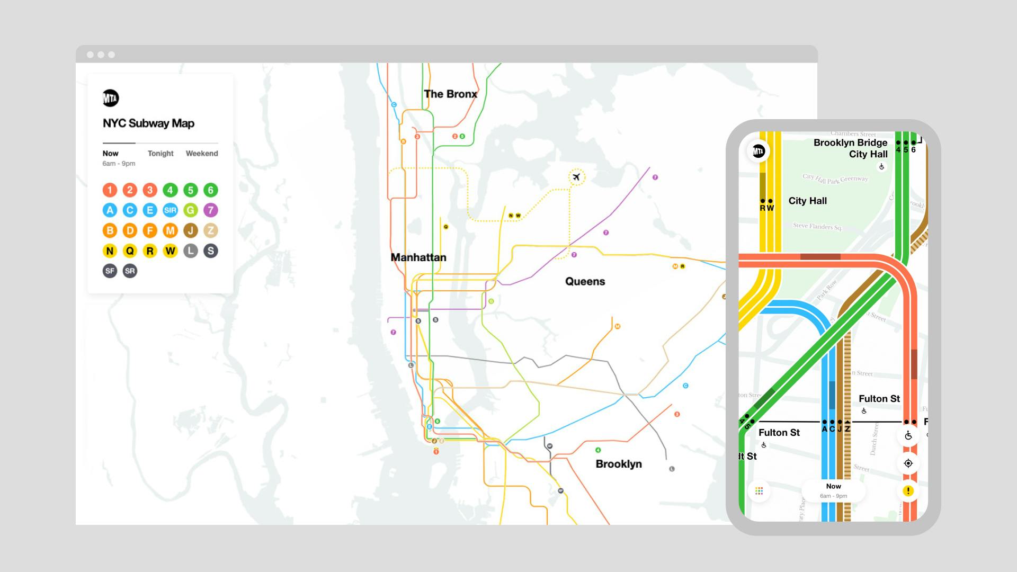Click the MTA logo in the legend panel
pyautogui.click(x=111, y=98)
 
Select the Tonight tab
pyautogui.click(x=160, y=154)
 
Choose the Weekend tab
pyautogui.click(x=202, y=154)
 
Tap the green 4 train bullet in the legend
pyautogui.click(x=170, y=190)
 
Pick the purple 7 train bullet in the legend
pyautogui.click(x=211, y=210)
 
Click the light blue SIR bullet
pyautogui.click(x=170, y=210)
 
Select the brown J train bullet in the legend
pyautogui.click(x=191, y=230)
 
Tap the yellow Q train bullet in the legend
pyautogui.click(x=130, y=251)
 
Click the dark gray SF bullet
pyautogui.click(x=110, y=271)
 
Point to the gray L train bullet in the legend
pyautogui.click(x=191, y=251)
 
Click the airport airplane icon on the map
pyautogui.click(x=576, y=177)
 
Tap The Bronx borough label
pyautogui.click(x=450, y=94)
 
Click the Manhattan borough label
pyautogui.click(x=418, y=257)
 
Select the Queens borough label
pyautogui.click(x=585, y=282)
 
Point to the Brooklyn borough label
pyautogui.click(x=619, y=464)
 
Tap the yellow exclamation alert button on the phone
pyautogui.click(x=908, y=491)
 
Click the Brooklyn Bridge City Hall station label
pyautogui.click(x=851, y=148)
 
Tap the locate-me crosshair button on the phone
pyautogui.click(x=908, y=463)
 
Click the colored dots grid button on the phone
pyautogui.click(x=759, y=491)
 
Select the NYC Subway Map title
pyautogui.click(x=149, y=123)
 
